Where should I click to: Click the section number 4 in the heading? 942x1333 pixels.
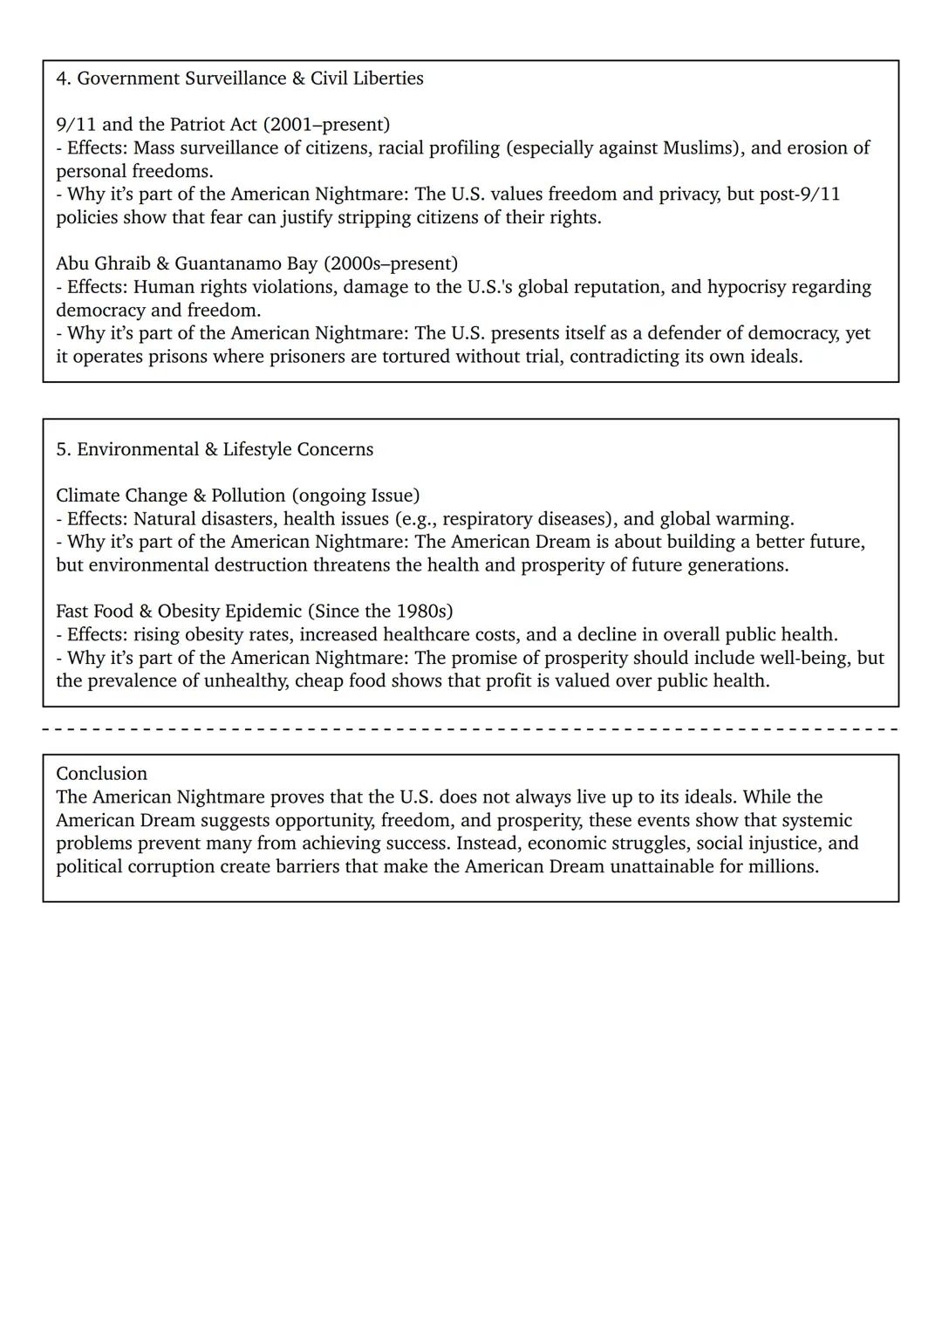61,79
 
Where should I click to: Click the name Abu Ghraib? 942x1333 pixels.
103,263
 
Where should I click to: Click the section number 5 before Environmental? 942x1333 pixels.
61,449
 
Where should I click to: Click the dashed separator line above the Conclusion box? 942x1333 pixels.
471,728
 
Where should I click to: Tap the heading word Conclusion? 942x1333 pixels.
101,774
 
